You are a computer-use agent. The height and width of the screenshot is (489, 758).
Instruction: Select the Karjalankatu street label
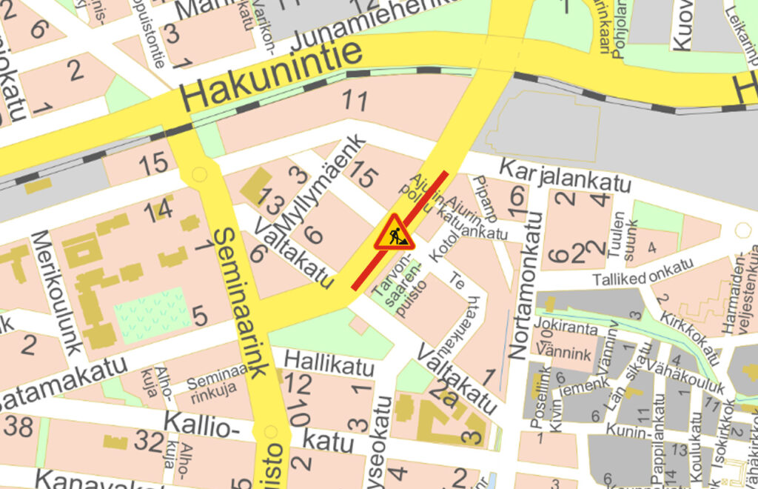click(565, 176)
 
